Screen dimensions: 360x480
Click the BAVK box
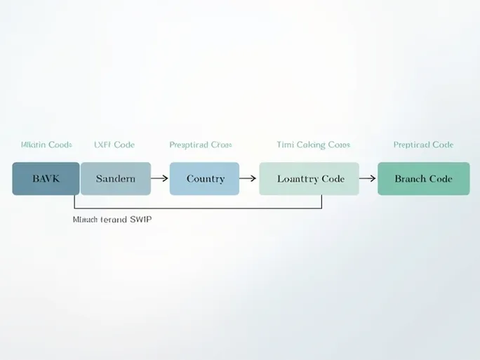pos(46,178)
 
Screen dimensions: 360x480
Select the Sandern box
pos(116,178)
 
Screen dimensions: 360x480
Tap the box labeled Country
pos(205,178)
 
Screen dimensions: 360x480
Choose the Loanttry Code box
pos(309,178)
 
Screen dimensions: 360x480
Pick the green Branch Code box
pos(423,178)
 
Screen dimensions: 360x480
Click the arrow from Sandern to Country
pos(160,178)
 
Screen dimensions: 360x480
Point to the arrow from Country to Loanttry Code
pos(248,178)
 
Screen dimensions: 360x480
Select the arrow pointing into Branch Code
pos(368,178)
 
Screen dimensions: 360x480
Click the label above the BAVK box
pos(46,145)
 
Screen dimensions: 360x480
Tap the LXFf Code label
pos(114,145)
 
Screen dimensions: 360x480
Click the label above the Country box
pos(201,145)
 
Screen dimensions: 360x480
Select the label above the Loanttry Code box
pos(313,145)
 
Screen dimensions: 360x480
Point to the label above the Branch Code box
pos(423,145)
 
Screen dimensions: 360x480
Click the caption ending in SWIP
pos(112,220)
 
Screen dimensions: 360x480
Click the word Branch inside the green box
pos(410,178)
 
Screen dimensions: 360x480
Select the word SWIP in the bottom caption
pos(141,220)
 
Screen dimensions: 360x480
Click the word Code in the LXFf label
pos(124,145)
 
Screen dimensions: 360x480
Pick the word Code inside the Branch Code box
pos(440,178)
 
